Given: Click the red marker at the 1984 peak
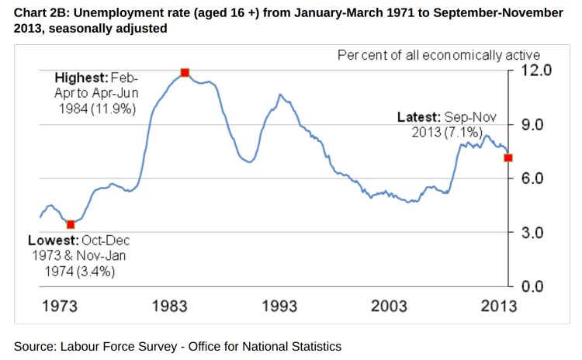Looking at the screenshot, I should pyautogui.click(x=185, y=73).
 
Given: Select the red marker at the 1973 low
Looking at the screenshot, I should pyautogui.click(x=71, y=224).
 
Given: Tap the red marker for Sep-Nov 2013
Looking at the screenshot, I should pyautogui.click(x=508, y=157).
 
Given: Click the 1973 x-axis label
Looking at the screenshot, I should pyautogui.click(x=59, y=306).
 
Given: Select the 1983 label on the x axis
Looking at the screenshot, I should pyautogui.click(x=169, y=306).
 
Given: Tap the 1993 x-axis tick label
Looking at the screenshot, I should pyautogui.click(x=279, y=306).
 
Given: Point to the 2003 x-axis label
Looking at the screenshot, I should pyautogui.click(x=389, y=306).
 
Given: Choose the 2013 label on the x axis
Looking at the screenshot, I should pyautogui.click(x=497, y=306).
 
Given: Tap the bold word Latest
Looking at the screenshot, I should pyautogui.click(x=419, y=117).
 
